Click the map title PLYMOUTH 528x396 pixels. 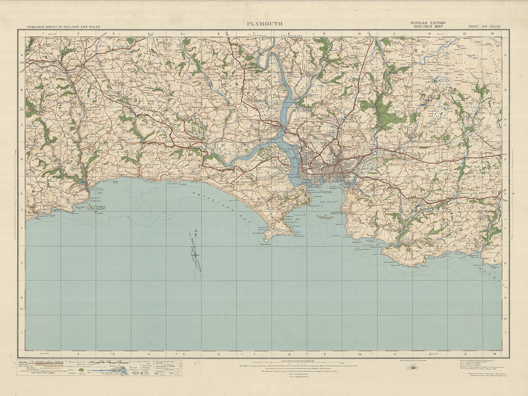click(263, 24)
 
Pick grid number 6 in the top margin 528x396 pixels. click(219, 33)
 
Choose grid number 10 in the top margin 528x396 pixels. click(358, 33)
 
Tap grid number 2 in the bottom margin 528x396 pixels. click(78, 354)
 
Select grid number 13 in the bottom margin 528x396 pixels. click(465, 354)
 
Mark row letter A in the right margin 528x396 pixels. click(506, 56)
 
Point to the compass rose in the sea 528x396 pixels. click(194, 251)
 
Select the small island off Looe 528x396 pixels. click(91, 207)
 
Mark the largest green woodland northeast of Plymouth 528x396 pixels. click(381, 111)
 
